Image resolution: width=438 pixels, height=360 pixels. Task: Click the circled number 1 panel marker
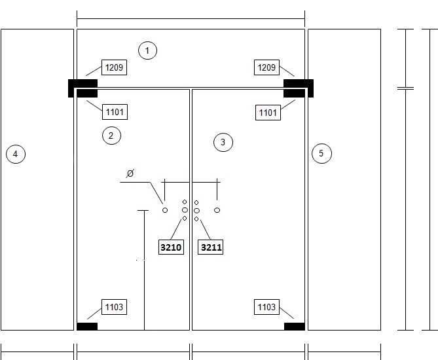pyautogui.click(x=147, y=50)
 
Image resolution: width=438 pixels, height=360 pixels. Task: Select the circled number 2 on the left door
pyautogui.click(x=111, y=135)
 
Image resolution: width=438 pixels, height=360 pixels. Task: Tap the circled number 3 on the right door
pyautogui.click(x=223, y=143)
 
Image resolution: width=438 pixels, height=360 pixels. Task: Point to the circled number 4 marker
pyautogui.click(x=16, y=154)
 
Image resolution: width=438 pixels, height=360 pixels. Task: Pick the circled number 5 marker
pyautogui.click(x=321, y=153)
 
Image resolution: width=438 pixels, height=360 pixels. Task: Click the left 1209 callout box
pyautogui.click(x=114, y=67)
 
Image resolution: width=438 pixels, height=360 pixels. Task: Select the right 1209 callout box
pyautogui.click(x=266, y=67)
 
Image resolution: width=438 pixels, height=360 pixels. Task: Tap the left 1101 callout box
pyautogui.click(x=115, y=112)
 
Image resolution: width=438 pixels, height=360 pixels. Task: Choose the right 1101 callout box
pyautogui.click(x=268, y=113)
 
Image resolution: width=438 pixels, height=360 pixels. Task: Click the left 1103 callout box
pyautogui.click(x=114, y=307)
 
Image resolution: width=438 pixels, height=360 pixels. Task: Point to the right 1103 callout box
pyautogui.click(x=266, y=307)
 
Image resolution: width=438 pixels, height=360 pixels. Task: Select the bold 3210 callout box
pyautogui.click(x=171, y=247)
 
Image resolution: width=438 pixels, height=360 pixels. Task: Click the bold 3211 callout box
pyautogui.click(x=211, y=247)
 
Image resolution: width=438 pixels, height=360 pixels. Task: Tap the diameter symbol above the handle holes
pyautogui.click(x=130, y=173)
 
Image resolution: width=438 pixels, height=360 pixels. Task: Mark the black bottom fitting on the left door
pyautogui.click(x=87, y=327)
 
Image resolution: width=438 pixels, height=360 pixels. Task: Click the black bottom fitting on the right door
pyautogui.click(x=295, y=327)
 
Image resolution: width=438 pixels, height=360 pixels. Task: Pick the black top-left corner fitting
pyautogui.click(x=82, y=88)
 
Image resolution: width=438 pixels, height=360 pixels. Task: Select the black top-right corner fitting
pyautogui.click(x=299, y=88)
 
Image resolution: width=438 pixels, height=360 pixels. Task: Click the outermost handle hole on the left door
pyautogui.click(x=165, y=210)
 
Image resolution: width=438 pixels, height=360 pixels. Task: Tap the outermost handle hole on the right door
pyautogui.click(x=217, y=210)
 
